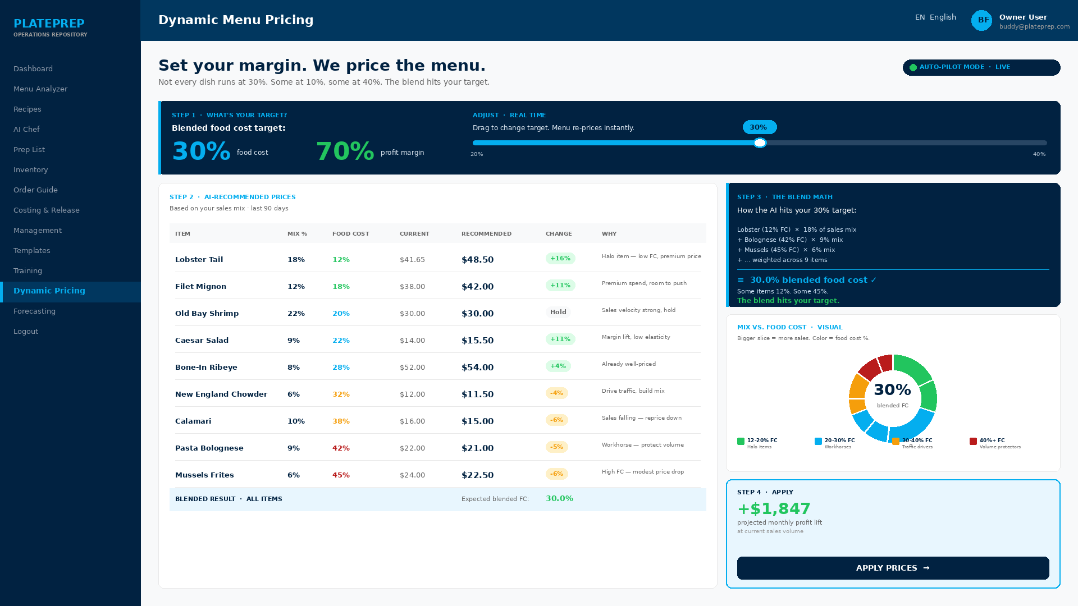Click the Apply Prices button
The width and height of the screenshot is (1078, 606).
pyautogui.click(x=893, y=568)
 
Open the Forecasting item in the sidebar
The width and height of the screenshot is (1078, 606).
pyautogui.click(x=34, y=311)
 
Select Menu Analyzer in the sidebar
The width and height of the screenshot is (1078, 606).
pyautogui.click(x=40, y=89)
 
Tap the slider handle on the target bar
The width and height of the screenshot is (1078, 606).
pyautogui.click(x=760, y=143)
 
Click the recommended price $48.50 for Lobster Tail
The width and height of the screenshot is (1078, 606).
pyautogui.click(x=477, y=260)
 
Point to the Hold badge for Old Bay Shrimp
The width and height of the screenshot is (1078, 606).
pyautogui.click(x=558, y=313)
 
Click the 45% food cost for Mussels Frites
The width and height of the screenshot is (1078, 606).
pyautogui.click(x=341, y=475)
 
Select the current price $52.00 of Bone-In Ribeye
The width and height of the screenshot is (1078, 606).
pyautogui.click(x=412, y=368)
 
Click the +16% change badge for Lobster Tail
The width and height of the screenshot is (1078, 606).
pyautogui.click(x=560, y=259)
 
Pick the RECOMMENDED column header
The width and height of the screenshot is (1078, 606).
pyautogui.click(x=486, y=234)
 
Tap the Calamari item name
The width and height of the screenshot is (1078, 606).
pyautogui.click(x=193, y=421)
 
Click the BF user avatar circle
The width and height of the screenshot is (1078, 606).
pyautogui.click(x=982, y=20)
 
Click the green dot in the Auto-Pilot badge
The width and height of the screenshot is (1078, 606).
pyautogui.click(x=913, y=68)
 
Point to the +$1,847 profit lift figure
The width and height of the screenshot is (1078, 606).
pyautogui.click(x=774, y=509)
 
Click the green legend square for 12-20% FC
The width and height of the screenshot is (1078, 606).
pyautogui.click(x=741, y=442)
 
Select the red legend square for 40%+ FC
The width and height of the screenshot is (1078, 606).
pyautogui.click(x=973, y=442)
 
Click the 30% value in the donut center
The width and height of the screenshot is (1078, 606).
pyautogui.click(x=892, y=390)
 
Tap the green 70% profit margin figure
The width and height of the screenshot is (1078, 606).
pyautogui.click(x=345, y=151)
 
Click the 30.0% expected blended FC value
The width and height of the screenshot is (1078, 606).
pyautogui.click(x=559, y=499)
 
